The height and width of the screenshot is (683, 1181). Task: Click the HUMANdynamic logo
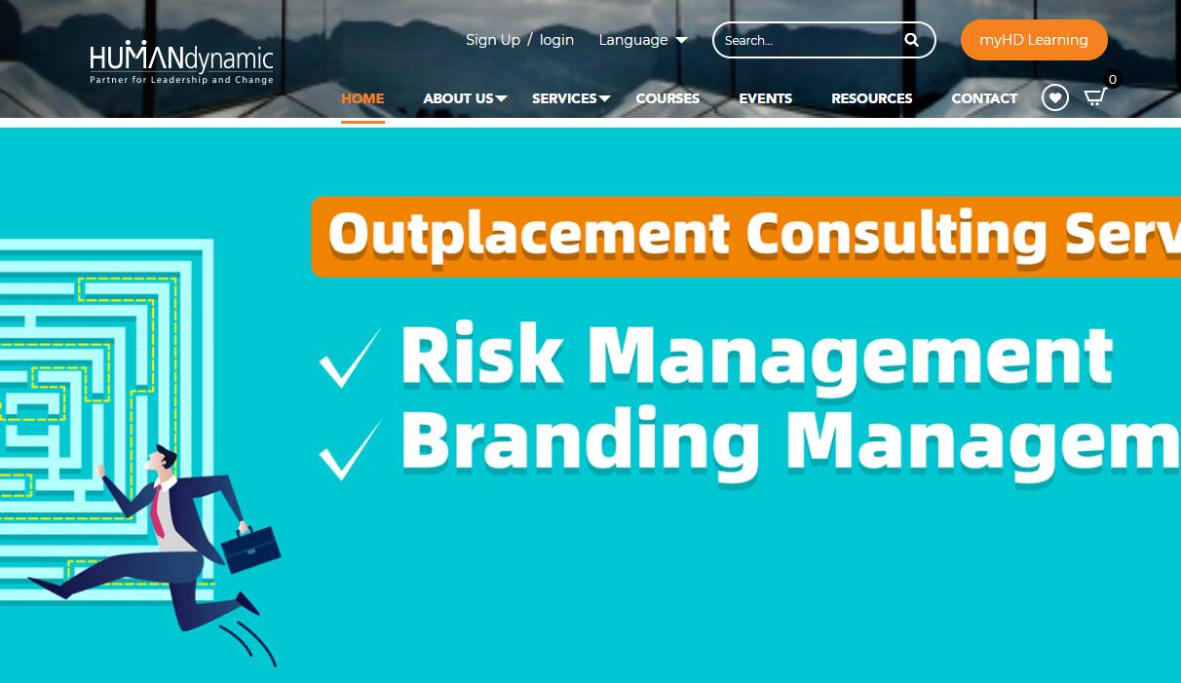(181, 62)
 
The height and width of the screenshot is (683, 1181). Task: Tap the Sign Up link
(493, 40)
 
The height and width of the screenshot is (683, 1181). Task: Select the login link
(556, 40)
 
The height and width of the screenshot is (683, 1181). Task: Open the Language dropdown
(643, 40)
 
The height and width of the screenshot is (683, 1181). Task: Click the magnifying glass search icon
(911, 40)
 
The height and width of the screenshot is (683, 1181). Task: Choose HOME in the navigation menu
(362, 98)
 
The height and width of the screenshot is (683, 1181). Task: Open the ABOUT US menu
(465, 98)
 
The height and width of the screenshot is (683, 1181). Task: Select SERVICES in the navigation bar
(571, 98)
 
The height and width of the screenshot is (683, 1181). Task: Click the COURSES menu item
(667, 98)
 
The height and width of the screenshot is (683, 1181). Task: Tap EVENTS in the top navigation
(766, 98)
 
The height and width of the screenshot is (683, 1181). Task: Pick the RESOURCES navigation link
(871, 98)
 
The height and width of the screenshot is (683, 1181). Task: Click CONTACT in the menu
(984, 98)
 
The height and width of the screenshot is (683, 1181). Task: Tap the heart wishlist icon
(1055, 97)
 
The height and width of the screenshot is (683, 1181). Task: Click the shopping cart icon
(1094, 97)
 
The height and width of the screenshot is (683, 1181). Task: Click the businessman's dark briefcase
(251, 550)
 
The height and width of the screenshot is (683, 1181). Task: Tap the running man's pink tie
(157, 512)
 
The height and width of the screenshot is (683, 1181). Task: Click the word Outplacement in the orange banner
(529, 235)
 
